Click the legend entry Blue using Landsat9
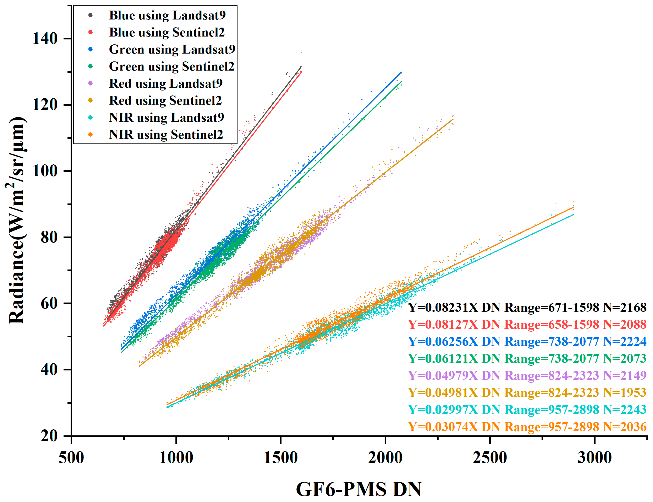tap(167, 15)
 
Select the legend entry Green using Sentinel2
tap(171, 66)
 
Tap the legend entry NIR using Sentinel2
tap(166, 134)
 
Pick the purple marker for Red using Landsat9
tap(90, 83)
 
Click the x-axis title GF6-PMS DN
tap(359, 489)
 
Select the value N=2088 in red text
tap(625, 324)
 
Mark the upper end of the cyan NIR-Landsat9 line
tap(573, 214)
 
